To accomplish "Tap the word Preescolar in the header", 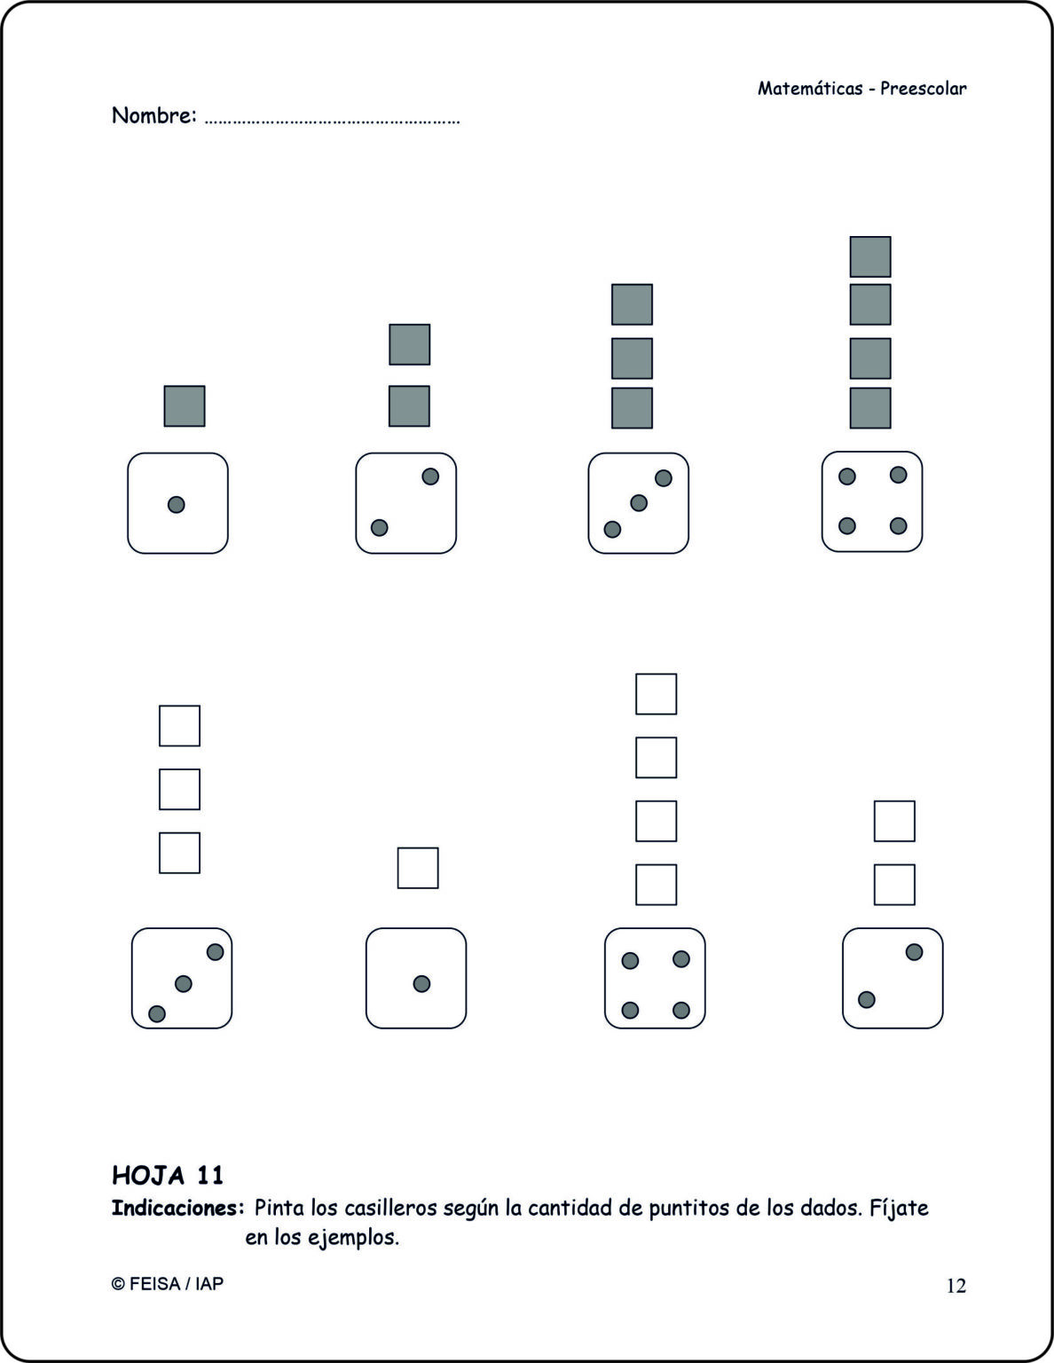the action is [x=923, y=89].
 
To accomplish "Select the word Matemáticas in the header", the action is [x=810, y=89].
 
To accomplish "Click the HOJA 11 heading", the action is [x=168, y=1175].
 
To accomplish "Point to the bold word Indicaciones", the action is [x=177, y=1208].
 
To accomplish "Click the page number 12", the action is [x=956, y=1286].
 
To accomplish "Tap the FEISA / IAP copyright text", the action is [x=168, y=1283].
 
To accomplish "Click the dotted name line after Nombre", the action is [x=333, y=122].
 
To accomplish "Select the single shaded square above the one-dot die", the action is [x=185, y=406].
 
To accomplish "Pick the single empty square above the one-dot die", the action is [x=418, y=868].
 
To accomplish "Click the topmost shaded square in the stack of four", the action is [x=870, y=256].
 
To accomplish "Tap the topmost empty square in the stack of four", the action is [x=656, y=694].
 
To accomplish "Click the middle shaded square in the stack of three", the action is [x=632, y=358].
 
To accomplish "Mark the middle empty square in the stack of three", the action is [x=179, y=789].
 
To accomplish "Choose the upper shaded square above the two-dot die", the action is [x=409, y=344].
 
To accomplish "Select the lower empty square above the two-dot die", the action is [x=894, y=885].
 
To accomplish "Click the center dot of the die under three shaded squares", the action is [x=638, y=502].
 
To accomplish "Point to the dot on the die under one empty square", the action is [x=421, y=983].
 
